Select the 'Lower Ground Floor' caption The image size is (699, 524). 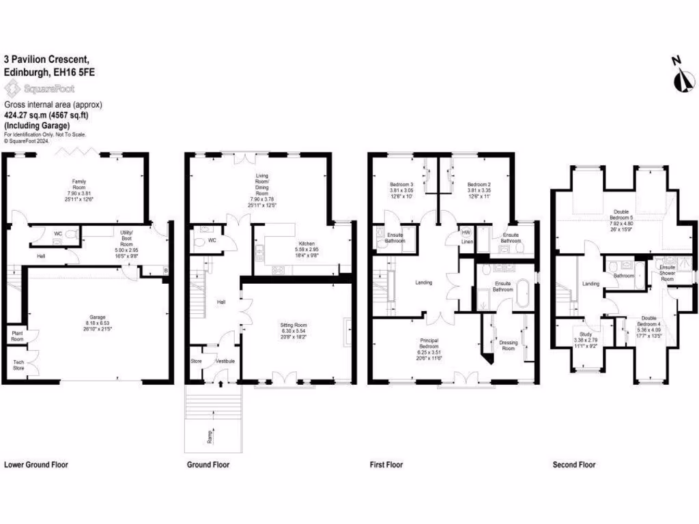click(36, 465)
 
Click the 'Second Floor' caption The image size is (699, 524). click(574, 465)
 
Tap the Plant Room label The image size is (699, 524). click(16, 335)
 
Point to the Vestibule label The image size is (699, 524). click(225, 361)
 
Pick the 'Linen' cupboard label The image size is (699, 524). click(467, 242)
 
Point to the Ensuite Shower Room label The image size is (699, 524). click(667, 272)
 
